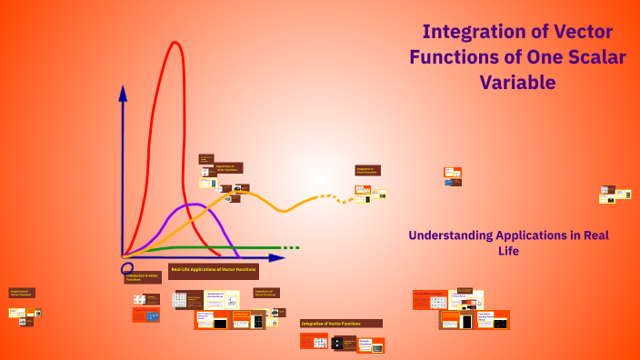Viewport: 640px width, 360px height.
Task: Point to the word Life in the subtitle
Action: pos(508,251)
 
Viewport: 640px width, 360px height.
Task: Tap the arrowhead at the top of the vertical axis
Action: pos(123,91)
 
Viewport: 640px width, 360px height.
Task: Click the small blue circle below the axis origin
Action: pos(127,269)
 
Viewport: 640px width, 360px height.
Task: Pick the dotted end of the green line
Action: pos(289,247)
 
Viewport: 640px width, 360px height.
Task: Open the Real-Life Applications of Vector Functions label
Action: pos(213,270)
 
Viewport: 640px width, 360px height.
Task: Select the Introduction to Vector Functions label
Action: pos(143,277)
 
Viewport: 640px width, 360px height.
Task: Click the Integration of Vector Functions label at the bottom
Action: pos(341,324)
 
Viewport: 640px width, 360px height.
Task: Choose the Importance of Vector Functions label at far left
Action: pos(22,294)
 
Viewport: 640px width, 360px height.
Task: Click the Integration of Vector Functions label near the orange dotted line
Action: pos(367,170)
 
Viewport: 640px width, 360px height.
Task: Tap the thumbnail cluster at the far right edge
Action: pos(615,195)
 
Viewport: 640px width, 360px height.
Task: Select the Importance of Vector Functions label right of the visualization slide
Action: pos(266,293)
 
